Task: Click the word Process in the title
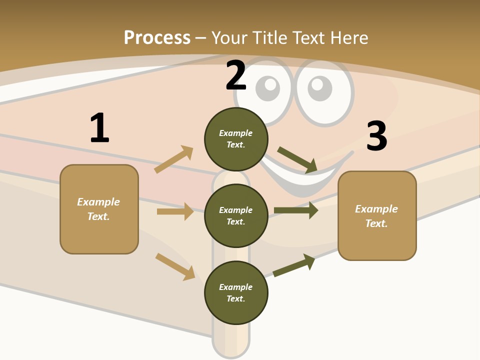coord(157,38)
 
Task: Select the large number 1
coord(100,127)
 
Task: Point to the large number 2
coord(236,75)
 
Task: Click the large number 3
coord(377,135)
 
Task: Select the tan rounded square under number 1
coord(99,209)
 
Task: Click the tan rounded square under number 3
coord(377,216)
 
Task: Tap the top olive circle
coord(236,139)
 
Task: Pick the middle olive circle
coord(236,216)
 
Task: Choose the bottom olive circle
coord(236,292)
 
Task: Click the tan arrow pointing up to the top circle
coord(174,159)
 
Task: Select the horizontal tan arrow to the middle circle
coord(175,211)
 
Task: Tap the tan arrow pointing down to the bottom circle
coord(175,267)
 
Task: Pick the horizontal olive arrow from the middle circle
coord(296,210)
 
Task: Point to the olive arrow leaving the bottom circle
coord(294,265)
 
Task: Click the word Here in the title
coord(349,38)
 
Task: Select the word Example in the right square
coord(376,209)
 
